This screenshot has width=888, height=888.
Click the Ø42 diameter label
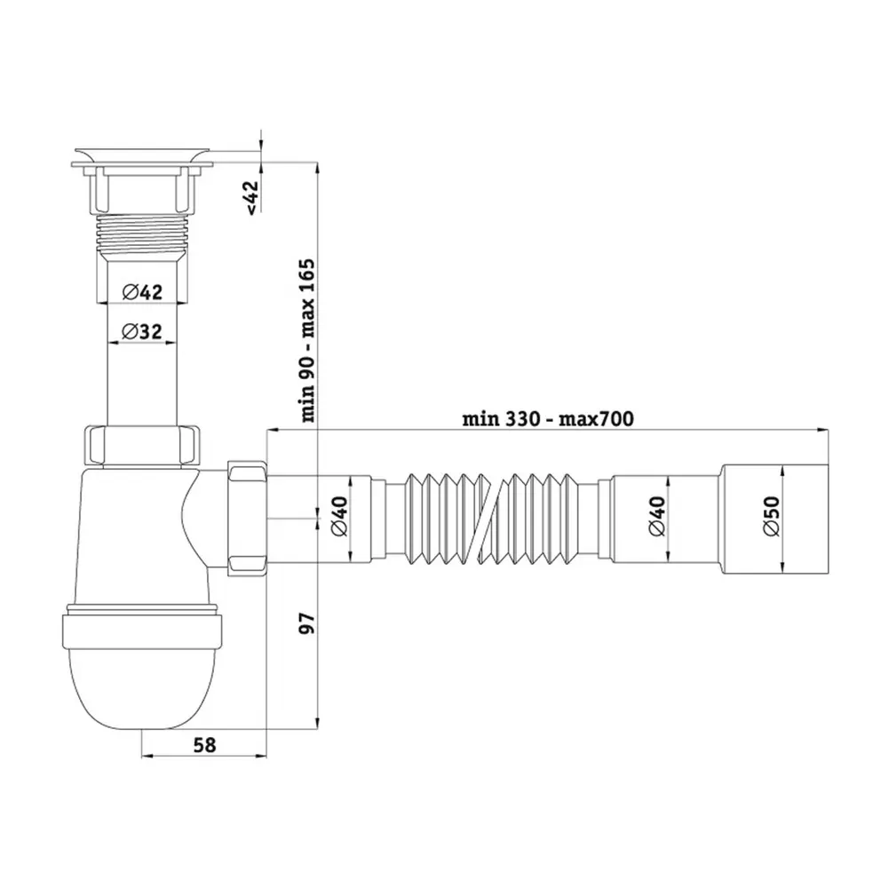tap(142, 292)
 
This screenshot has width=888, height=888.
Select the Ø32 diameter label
tap(142, 331)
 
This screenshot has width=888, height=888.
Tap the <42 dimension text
tap(251, 198)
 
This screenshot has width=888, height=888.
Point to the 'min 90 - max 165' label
tap(307, 340)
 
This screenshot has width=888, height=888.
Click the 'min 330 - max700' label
tap(548, 419)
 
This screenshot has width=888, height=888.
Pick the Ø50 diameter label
tap(772, 516)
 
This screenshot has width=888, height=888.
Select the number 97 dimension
tap(307, 623)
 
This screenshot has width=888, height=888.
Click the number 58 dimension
tap(204, 745)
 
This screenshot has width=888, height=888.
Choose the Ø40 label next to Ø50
tap(657, 516)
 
